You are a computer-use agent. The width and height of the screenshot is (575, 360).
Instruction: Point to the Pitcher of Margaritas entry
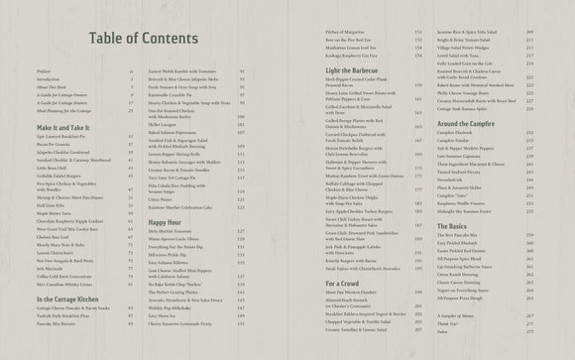tap(346, 61)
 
